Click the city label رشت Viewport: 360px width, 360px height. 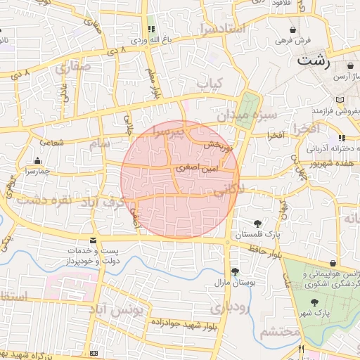click(314, 60)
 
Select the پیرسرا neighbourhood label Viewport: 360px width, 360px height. click(173, 131)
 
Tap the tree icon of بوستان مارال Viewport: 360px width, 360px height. click(234, 271)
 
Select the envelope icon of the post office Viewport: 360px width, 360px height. click(93, 240)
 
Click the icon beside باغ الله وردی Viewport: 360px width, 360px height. click(150, 30)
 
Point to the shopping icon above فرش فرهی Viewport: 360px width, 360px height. click(292, 30)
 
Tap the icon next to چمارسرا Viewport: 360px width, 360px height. click(37, 160)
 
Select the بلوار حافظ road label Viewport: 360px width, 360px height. click(265, 251)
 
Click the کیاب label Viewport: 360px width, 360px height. click(210, 84)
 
